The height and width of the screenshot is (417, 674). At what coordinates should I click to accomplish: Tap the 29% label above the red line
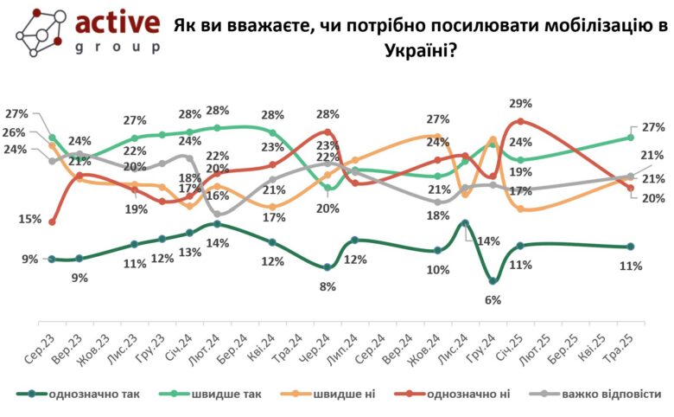pyautogui.click(x=520, y=103)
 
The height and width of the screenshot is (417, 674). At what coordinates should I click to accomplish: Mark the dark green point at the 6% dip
pyautogui.click(x=493, y=281)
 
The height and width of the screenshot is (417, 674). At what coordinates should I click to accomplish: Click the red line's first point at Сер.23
pyautogui.click(x=52, y=222)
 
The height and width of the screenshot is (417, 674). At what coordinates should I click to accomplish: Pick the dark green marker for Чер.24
pyautogui.click(x=327, y=267)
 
